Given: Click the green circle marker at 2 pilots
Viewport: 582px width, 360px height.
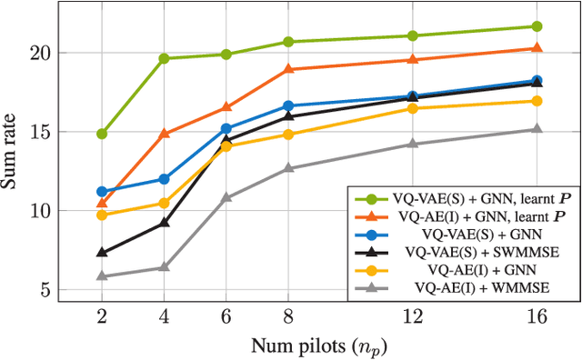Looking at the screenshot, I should click(102, 134).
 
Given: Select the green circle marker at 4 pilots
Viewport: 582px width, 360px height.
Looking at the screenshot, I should click(164, 58).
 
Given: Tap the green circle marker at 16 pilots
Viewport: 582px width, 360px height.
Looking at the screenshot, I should click(537, 26).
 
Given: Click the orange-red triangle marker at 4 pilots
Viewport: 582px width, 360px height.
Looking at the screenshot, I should click(164, 134).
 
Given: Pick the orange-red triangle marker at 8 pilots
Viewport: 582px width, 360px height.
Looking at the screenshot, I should click(288, 69).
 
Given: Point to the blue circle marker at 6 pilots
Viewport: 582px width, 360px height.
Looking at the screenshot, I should click(226, 129).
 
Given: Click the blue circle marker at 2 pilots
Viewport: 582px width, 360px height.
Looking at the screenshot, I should click(102, 192).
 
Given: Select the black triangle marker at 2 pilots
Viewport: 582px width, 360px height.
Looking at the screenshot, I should click(102, 253).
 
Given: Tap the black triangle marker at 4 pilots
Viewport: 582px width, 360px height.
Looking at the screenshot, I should click(164, 222).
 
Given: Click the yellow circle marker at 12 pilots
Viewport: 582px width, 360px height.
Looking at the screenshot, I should click(412, 108).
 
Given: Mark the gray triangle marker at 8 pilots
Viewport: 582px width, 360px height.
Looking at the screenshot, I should click(288, 168).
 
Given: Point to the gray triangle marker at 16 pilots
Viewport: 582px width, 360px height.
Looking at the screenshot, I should click(537, 129).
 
